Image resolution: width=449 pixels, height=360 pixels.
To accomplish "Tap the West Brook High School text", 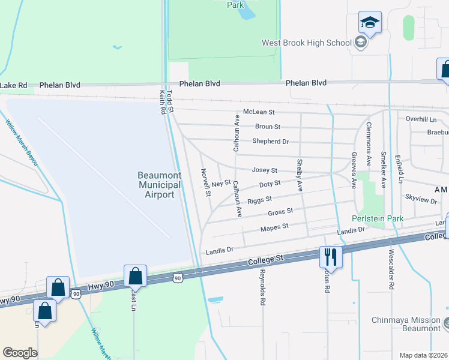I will pyautogui.click(x=306, y=43).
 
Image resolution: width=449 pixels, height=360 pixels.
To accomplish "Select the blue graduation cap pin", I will pyautogui.click(x=370, y=23).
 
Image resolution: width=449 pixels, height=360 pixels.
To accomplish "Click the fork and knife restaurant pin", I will pyautogui.click(x=331, y=257).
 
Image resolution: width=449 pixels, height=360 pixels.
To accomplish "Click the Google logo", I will pyautogui.click(x=20, y=352).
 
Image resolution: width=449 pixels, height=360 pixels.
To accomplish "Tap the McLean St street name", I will pyautogui.click(x=258, y=112).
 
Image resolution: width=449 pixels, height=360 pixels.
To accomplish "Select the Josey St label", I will pyautogui.click(x=264, y=171).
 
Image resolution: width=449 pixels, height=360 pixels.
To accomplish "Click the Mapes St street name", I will pyautogui.click(x=274, y=227).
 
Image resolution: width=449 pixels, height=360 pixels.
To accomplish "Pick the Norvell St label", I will pyautogui.click(x=207, y=182).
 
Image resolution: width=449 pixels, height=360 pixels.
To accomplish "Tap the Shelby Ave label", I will pyautogui.click(x=299, y=175).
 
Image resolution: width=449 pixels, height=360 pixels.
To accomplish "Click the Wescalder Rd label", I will pyautogui.click(x=391, y=270).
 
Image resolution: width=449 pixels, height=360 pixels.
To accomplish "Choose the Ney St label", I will pyautogui.click(x=221, y=182).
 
